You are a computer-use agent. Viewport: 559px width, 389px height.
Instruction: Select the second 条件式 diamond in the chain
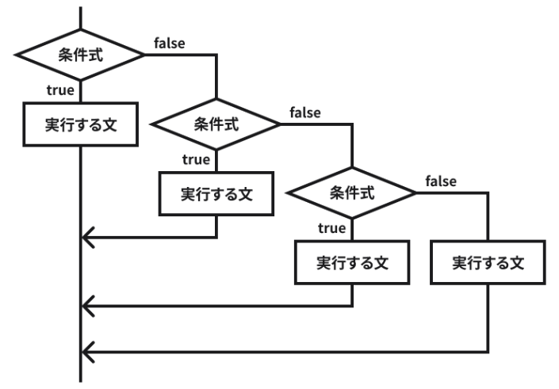216,124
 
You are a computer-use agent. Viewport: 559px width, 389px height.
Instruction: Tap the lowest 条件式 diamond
352,192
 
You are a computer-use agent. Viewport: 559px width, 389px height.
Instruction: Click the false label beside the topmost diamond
170,43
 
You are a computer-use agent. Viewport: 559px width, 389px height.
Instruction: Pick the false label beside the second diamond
305,112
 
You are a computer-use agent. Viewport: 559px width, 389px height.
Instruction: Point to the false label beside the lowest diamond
441,181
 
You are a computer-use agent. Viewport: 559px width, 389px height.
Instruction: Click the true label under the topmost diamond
60,90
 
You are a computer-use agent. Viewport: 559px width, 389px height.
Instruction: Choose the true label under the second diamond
196,159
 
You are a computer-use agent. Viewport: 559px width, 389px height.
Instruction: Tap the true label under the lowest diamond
331,228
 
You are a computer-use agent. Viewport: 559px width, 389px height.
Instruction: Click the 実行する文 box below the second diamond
216,193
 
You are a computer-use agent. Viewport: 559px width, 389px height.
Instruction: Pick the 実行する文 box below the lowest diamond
352,261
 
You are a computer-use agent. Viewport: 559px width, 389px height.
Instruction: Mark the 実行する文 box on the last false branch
488,261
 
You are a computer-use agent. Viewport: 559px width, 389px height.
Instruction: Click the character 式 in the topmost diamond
96,55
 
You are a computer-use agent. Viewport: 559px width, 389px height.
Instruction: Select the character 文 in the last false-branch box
517,261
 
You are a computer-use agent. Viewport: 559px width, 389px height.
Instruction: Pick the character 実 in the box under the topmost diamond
52,124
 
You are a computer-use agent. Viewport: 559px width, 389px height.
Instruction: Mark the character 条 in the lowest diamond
337,192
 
